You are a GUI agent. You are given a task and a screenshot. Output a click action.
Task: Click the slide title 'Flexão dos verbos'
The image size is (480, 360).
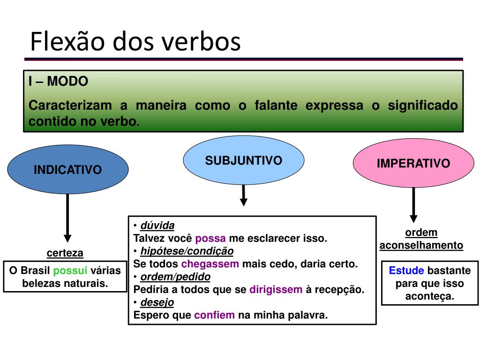[135, 42]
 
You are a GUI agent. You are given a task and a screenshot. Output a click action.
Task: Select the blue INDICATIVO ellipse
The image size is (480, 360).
[68, 169]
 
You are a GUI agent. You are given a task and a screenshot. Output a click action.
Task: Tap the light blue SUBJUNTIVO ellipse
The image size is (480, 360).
[243, 161]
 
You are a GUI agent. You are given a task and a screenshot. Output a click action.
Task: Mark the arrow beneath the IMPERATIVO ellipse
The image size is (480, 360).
[413, 204]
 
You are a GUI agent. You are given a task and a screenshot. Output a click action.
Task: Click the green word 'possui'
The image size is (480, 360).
[70, 270]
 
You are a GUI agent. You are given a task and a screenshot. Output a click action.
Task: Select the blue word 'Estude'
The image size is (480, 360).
[406, 270]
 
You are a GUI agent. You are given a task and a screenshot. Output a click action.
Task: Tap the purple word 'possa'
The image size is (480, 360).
[210, 238]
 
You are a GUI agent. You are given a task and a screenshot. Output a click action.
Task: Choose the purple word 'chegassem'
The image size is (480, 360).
[210, 263]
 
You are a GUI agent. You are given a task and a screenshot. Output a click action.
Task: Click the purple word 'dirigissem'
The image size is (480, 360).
[276, 289]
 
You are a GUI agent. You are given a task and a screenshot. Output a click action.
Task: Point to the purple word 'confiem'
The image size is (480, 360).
[214, 315]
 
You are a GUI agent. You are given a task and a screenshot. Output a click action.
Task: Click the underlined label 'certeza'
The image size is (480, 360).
[65, 253]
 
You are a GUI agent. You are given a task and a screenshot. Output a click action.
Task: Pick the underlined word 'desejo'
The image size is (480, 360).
[157, 302]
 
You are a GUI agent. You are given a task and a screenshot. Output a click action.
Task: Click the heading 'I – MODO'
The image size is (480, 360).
[58, 81]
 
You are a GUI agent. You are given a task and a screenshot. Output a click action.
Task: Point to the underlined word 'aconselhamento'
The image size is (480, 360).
[421, 245]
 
